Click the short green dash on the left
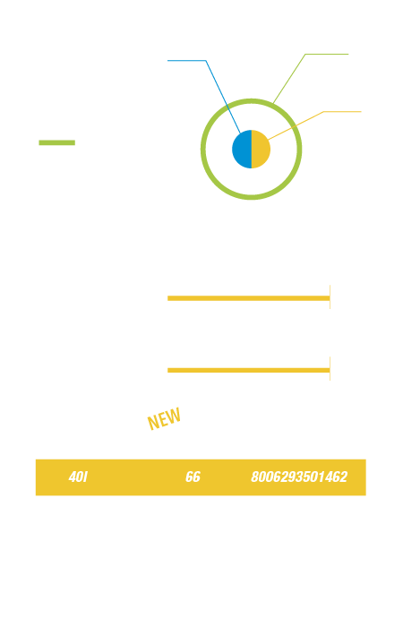[x=56, y=142]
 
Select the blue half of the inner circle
[x=243, y=150]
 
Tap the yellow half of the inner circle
[x=261, y=150]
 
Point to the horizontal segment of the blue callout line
[x=186, y=61]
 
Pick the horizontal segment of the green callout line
[x=327, y=54]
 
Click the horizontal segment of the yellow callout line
[x=342, y=112]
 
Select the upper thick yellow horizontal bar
[x=249, y=298]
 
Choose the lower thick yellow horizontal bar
[x=249, y=370]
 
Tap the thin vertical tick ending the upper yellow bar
[x=330, y=297]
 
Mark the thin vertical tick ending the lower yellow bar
[x=330, y=368]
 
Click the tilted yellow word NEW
[x=164, y=419]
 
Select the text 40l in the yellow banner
[x=78, y=477]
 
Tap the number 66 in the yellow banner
[x=193, y=477]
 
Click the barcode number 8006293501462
[x=299, y=477]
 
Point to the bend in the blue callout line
[x=206, y=61]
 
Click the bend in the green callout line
[x=305, y=54]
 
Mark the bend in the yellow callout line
[x=323, y=112]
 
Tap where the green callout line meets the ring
[x=273, y=103]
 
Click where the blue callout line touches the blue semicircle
[x=240, y=133]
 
